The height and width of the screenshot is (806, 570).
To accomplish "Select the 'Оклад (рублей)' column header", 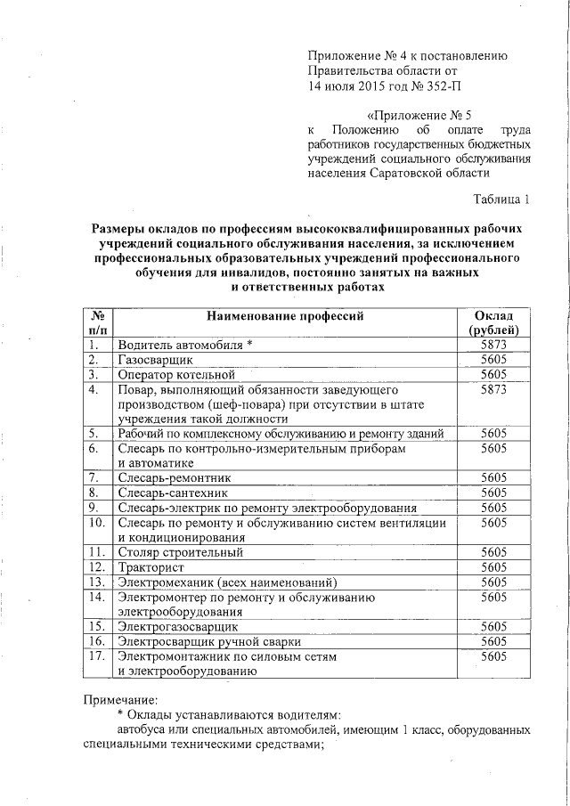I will pyautogui.click(x=493, y=323).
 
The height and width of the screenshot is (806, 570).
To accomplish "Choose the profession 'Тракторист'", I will pyautogui.click(x=151, y=566).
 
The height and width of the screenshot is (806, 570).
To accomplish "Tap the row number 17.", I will pyautogui.click(x=97, y=656).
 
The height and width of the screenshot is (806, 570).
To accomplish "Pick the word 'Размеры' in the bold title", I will pyautogui.click(x=122, y=228).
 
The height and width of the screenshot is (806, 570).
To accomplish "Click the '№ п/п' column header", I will pyautogui.click(x=99, y=323).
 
